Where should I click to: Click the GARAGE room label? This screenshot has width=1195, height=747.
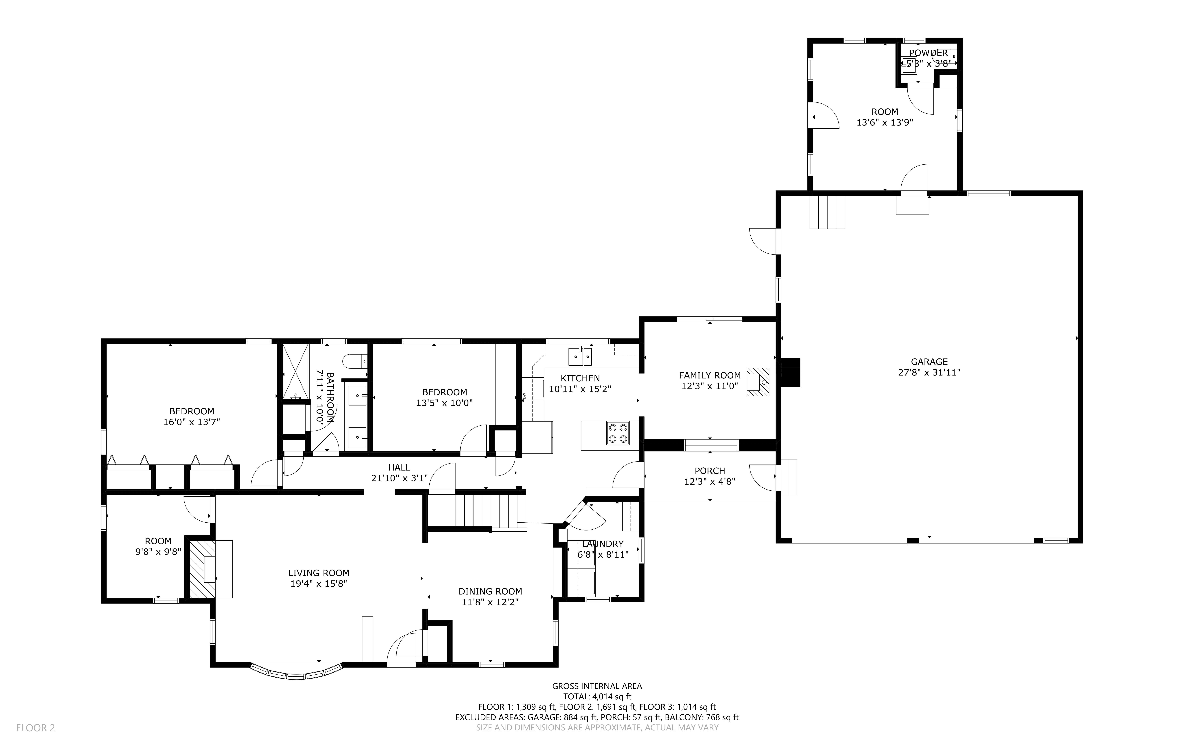pos(929,362)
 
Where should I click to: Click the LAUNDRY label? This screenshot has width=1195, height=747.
pos(603,544)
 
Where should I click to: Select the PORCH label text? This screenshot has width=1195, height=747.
pos(710,471)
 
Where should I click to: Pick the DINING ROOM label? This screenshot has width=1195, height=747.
pos(490,591)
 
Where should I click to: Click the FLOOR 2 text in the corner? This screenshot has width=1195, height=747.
pos(36,728)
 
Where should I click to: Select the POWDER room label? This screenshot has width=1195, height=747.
pos(928,53)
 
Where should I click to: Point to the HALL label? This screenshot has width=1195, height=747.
pos(399,467)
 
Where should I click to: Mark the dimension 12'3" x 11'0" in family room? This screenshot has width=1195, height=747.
pos(710,386)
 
